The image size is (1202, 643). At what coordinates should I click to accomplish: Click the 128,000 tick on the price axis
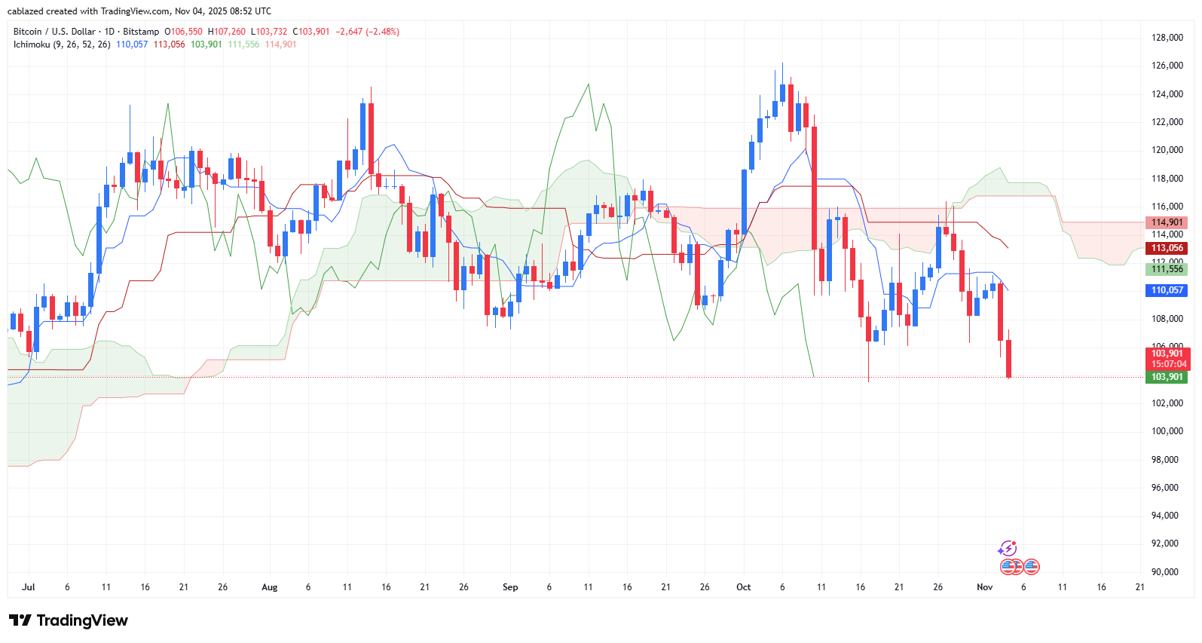click(1167, 38)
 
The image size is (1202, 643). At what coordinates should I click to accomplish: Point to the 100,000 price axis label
click(1167, 431)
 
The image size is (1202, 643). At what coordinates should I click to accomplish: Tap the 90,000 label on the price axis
click(1167, 572)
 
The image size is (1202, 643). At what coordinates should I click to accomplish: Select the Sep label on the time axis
click(510, 587)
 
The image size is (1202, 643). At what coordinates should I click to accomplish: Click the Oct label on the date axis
click(744, 587)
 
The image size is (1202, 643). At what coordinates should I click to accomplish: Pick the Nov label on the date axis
click(984, 587)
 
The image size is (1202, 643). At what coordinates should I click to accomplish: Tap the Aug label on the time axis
click(269, 587)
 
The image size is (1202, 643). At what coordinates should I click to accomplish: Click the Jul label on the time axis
click(29, 587)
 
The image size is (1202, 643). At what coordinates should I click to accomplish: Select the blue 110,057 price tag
click(1167, 290)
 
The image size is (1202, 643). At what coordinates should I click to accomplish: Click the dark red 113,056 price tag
click(1167, 248)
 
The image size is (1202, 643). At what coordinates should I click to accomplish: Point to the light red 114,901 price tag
click(1167, 222)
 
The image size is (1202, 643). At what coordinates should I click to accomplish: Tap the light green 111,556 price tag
click(1167, 269)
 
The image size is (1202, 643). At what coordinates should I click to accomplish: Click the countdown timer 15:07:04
click(1168, 364)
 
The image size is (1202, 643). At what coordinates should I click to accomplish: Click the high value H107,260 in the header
click(229, 32)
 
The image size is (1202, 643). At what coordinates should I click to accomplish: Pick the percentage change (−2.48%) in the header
click(383, 32)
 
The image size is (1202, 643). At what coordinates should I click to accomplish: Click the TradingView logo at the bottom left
click(69, 620)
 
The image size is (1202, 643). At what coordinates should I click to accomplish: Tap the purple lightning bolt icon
click(1008, 549)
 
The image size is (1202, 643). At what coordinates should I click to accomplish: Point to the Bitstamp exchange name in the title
click(141, 32)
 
